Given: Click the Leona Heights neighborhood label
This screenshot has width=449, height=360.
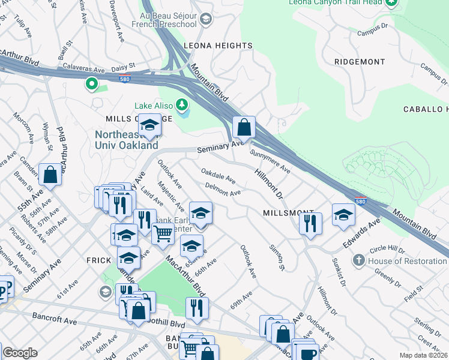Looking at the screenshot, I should pos(209,46).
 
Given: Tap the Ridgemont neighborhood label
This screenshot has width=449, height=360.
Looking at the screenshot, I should pos(360,62).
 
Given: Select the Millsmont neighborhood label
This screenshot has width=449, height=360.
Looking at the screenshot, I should pos(288,214).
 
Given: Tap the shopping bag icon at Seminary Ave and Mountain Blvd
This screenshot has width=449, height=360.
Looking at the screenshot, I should pos(244,127).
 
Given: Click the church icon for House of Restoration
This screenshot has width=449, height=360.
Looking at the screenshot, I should pos(358,260).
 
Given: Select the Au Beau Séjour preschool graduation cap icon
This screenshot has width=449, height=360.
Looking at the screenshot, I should pos(206,20).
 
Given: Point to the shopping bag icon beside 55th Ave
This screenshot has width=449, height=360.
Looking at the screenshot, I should pos(51,175).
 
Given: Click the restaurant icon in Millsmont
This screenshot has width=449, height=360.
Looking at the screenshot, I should pos(310,223).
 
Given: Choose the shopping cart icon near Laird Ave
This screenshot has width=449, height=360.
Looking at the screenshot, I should pos(163,233).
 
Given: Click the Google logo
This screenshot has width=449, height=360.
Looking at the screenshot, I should pos(20,353).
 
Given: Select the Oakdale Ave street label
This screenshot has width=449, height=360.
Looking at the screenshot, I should pos(218,177).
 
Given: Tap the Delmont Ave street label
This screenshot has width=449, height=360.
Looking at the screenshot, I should pos(223,190).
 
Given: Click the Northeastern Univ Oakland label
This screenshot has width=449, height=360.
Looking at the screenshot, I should pos(127,140).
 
